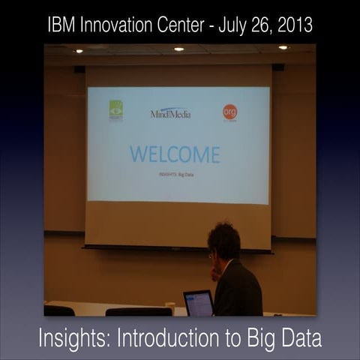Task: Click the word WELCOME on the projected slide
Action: click(175, 154)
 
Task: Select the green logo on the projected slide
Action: click(116, 110)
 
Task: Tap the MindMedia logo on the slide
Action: click(170, 113)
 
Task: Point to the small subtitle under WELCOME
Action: click(174, 174)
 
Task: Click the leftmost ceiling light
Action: click(79, 51)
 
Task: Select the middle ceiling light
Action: click(178, 49)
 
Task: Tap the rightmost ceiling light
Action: click(283, 47)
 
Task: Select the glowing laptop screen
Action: click(199, 303)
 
